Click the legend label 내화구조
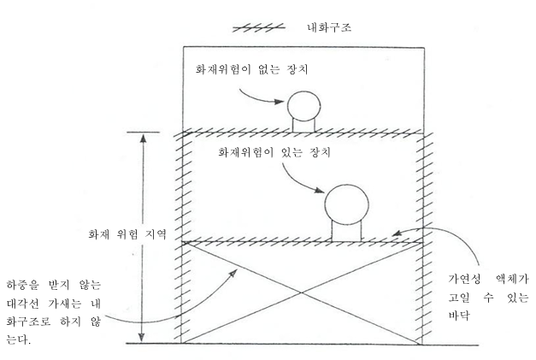click(329, 27)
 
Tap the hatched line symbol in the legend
click(259, 27)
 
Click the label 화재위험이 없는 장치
click(252, 69)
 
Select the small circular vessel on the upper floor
click(303, 106)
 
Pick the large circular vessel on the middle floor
click(346, 204)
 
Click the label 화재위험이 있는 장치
click(274, 152)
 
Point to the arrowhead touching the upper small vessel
click(280, 101)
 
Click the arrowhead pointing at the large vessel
click(320, 190)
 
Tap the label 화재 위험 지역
click(127, 234)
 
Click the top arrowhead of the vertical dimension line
click(144, 138)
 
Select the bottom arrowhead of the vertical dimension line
click(142, 337)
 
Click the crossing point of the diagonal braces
click(301, 292)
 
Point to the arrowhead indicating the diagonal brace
click(233, 273)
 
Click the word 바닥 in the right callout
click(459, 315)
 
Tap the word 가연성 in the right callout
click(465, 279)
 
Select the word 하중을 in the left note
click(23, 285)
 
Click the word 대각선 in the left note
click(23, 304)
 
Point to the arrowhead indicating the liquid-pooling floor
click(397, 233)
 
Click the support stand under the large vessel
click(346, 231)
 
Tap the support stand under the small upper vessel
click(303, 125)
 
